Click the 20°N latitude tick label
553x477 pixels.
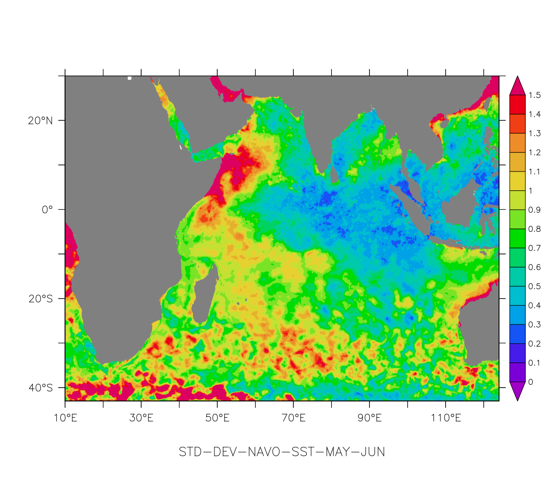click(41, 121)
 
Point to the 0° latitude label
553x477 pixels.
click(48, 210)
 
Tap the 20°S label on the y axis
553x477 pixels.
click(41, 299)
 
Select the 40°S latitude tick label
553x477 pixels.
click(41, 388)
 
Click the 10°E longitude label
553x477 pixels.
click(65, 418)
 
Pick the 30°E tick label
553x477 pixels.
click(141, 418)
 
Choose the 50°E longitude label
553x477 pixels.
click(217, 418)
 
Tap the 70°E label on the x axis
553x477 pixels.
click(293, 418)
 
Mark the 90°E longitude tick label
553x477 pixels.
click(369, 418)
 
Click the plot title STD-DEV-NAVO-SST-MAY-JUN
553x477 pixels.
click(282, 452)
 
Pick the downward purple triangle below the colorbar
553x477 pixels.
click(517, 390)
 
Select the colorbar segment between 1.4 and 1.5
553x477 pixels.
click(517, 105)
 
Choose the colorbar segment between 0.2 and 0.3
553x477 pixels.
click(517, 334)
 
